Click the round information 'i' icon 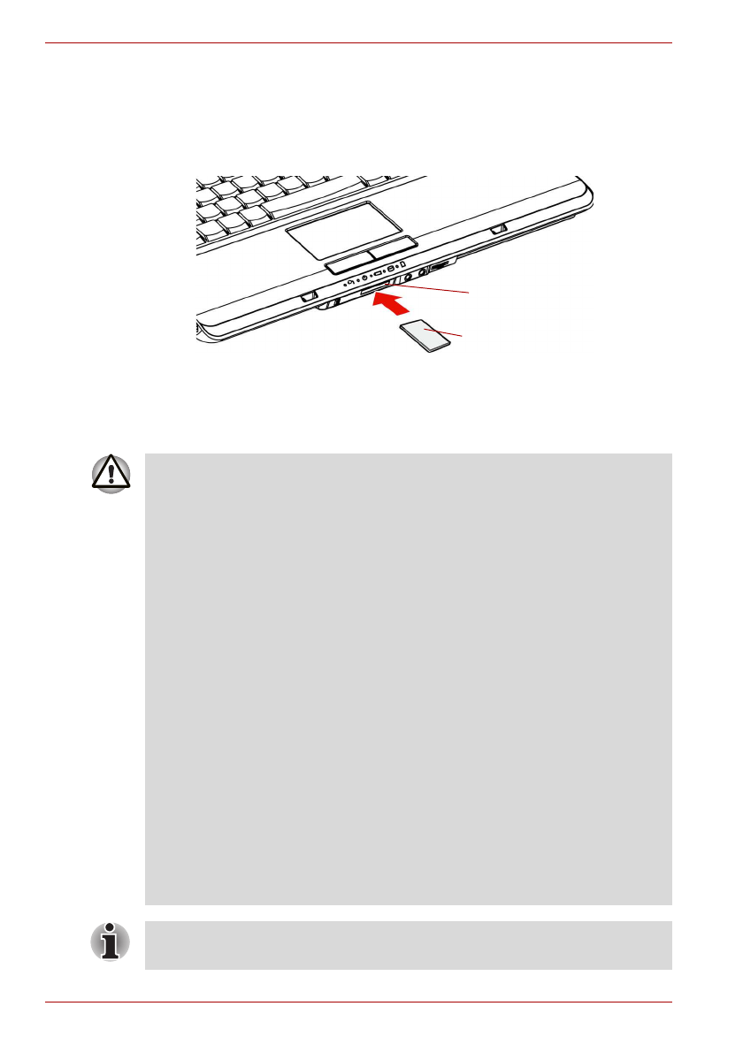click(x=110, y=943)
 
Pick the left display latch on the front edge click(x=308, y=298)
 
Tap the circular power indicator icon click(x=364, y=278)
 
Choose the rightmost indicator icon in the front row click(x=402, y=264)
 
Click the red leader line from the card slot click(x=433, y=288)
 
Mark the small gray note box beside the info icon click(x=408, y=945)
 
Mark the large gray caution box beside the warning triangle click(x=408, y=679)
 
